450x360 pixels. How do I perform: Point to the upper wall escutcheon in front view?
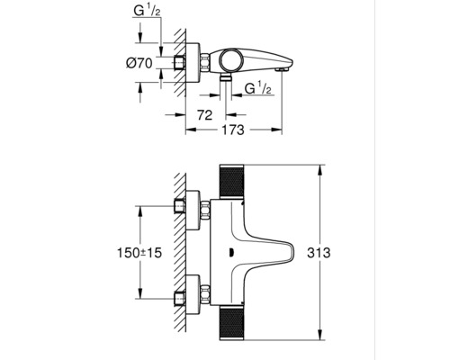point(191,206)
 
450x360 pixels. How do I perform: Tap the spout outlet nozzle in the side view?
point(283,68)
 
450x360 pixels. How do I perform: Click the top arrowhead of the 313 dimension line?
point(321,168)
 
